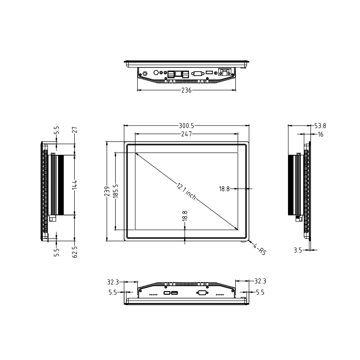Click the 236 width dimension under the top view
coord(186,90)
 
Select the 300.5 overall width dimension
coord(186,126)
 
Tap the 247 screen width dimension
coord(186,134)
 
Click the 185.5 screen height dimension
coord(116,191)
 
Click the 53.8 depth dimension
coord(320,126)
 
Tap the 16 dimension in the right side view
coord(320,134)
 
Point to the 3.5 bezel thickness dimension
coord(297,250)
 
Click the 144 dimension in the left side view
coord(75,185)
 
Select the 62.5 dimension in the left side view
coord(75,251)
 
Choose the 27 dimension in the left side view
coord(75,130)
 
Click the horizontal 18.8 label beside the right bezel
coord(225,189)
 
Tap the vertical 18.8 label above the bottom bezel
coord(185,216)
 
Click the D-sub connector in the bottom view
coord(202,293)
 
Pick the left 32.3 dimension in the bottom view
coord(113,282)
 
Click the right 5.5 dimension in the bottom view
coord(260,292)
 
